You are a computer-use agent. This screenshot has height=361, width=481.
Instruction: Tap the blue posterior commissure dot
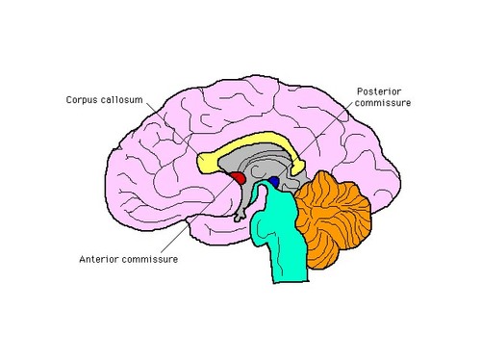click(x=273, y=181)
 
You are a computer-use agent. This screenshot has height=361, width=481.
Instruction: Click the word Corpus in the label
click(x=81, y=99)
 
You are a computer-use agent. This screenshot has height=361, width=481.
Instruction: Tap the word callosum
click(x=122, y=99)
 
